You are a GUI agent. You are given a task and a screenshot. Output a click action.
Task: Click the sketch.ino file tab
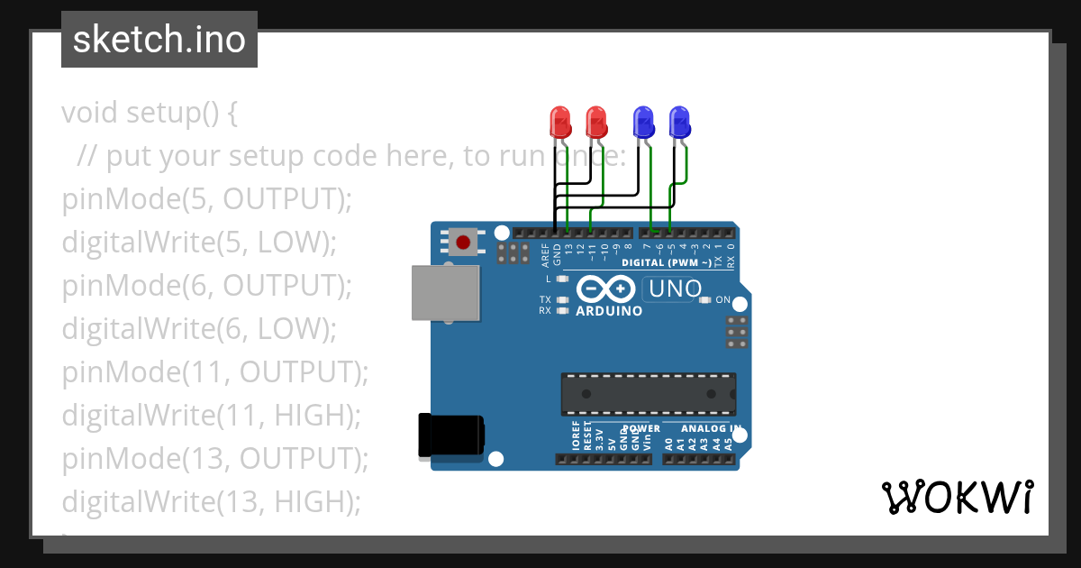click(x=159, y=40)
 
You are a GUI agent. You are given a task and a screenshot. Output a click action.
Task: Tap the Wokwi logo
click(x=957, y=498)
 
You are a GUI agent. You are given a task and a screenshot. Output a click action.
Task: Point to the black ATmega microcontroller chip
click(x=648, y=394)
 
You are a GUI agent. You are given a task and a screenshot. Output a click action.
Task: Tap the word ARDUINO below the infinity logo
click(x=609, y=311)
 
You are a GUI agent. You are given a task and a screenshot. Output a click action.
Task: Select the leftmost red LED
click(x=559, y=121)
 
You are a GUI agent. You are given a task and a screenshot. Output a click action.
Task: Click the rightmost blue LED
click(x=679, y=121)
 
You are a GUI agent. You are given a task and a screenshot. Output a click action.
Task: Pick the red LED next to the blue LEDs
click(x=595, y=121)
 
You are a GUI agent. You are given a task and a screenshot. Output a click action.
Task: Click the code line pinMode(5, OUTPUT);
click(x=206, y=198)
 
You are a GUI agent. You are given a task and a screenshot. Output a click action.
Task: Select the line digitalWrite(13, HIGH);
click(x=211, y=501)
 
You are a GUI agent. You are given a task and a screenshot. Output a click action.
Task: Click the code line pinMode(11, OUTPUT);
click(x=215, y=371)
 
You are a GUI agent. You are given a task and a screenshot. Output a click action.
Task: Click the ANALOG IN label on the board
click(x=711, y=428)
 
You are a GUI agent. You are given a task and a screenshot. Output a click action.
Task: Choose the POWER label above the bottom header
click(x=641, y=428)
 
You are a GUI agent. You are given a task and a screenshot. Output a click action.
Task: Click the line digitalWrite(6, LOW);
click(x=198, y=328)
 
